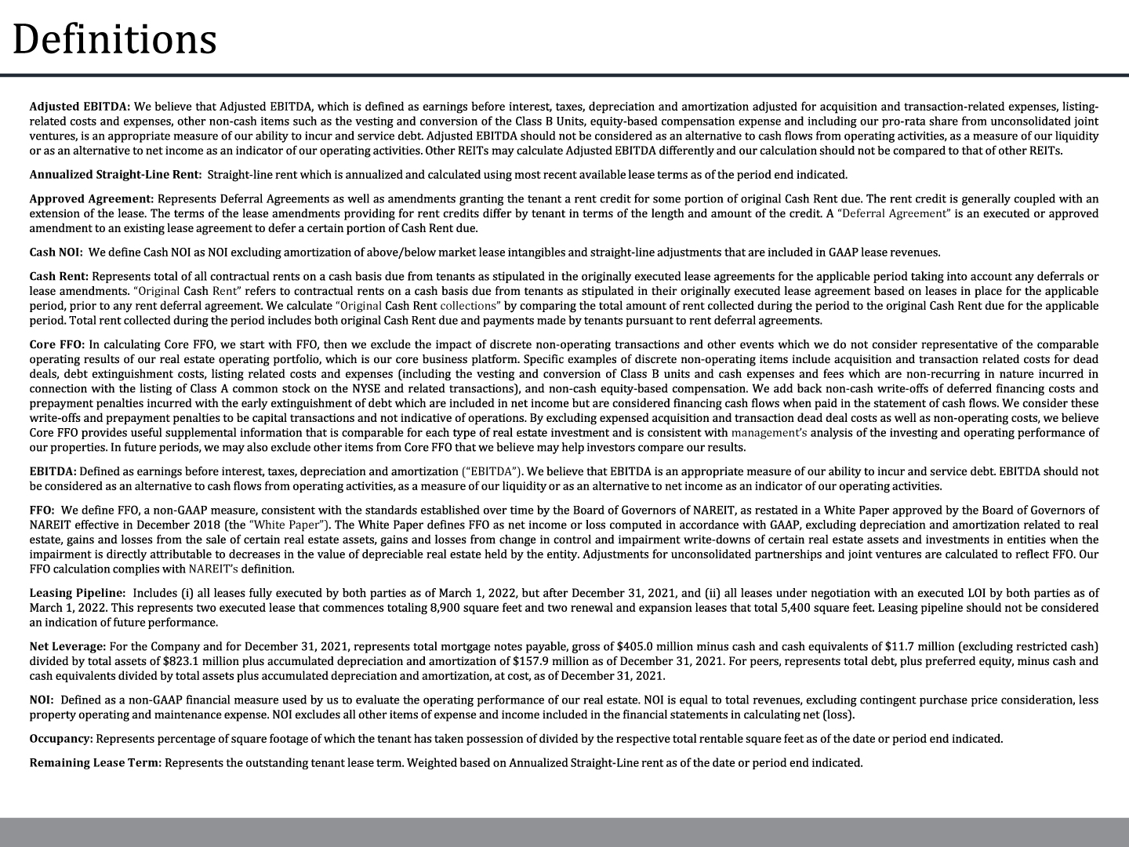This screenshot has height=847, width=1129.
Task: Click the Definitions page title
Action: (114, 39)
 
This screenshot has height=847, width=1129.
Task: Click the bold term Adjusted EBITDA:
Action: (79, 106)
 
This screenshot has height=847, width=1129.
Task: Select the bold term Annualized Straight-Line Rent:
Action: (115, 175)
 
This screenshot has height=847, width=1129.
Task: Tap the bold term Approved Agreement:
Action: (91, 198)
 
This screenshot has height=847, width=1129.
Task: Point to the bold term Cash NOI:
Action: (56, 253)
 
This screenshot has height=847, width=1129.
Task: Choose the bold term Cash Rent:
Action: (60, 276)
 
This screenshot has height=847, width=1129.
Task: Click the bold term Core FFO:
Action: (57, 344)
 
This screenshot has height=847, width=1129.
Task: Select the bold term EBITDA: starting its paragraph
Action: (53, 471)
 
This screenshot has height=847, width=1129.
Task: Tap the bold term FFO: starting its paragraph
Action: (42, 511)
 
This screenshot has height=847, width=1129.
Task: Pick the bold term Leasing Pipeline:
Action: (77, 593)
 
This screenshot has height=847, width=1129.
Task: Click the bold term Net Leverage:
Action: (67, 646)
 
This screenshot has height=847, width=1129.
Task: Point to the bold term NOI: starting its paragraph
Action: (42, 700)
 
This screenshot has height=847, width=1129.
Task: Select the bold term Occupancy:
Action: (61, 739)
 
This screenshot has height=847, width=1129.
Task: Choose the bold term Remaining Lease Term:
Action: (96, 762)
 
